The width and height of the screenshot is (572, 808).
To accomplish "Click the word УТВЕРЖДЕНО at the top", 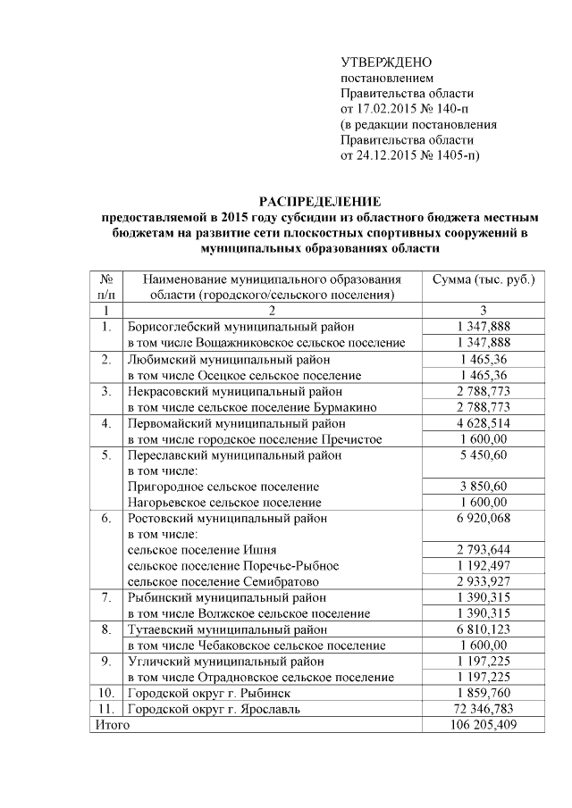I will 386,62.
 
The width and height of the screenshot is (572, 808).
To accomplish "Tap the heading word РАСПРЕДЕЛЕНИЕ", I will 319,201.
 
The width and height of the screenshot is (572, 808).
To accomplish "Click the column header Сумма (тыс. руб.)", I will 484,279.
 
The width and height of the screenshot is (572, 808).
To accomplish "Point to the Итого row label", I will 113,725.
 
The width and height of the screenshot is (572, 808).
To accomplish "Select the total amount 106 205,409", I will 484,725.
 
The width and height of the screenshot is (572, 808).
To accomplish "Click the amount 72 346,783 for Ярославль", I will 484,709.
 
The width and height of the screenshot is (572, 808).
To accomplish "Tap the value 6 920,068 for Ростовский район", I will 484,518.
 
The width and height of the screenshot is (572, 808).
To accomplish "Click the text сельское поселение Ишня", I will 202,549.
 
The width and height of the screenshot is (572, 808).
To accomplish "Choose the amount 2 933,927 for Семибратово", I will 484,581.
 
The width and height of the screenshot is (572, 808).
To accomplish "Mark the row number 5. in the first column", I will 105,454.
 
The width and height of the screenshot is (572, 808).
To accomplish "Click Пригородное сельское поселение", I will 223,487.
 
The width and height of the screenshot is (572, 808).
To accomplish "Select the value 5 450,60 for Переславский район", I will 484,454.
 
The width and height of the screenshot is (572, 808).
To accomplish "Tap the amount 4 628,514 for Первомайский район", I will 484,422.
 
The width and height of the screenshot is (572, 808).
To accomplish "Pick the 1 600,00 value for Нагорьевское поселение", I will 484,502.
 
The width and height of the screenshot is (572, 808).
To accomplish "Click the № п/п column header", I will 105,287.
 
